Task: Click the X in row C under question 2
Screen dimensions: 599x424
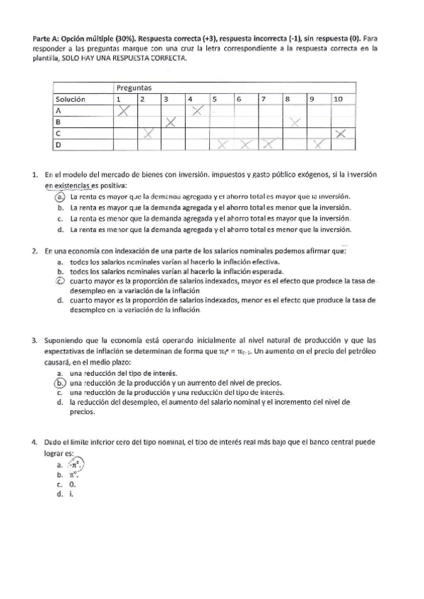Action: click(148, 134)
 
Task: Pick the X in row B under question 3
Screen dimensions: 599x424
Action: click(171, 122)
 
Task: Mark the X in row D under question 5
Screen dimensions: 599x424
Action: click(222, 145)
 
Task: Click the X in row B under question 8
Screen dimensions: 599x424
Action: click(295, 122)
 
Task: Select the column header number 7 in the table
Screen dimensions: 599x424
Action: click(263, 99)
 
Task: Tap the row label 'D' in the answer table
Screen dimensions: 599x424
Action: click(59, 145)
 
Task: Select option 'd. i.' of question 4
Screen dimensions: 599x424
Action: click(66, 495)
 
